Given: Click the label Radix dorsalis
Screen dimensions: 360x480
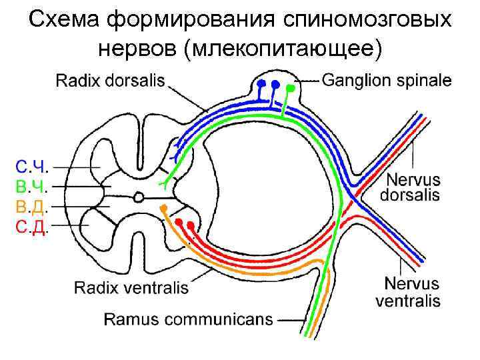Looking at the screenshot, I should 109,81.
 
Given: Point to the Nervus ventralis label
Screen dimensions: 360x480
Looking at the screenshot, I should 407,293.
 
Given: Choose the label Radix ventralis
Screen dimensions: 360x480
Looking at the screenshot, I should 131,288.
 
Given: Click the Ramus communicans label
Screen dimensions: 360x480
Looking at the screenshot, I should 188,319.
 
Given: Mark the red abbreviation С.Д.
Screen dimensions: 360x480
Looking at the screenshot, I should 31,227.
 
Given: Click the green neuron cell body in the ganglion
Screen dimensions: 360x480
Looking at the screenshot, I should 291,88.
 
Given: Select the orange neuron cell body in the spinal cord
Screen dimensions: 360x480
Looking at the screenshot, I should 162,208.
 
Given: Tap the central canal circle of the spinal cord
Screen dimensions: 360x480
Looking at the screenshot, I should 139,197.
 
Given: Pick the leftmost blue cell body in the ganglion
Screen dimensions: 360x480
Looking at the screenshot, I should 261,84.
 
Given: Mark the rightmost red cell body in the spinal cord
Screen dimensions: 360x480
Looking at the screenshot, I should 191,225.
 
